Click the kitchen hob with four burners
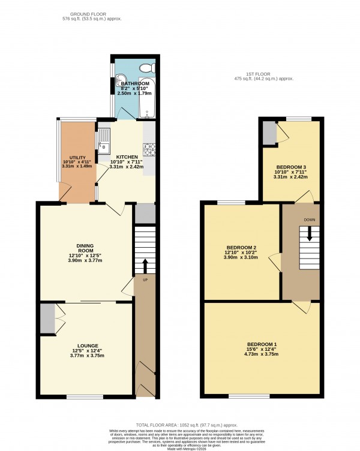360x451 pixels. pyautogui.click(x=148, y=148)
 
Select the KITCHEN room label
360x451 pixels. pyautogui.click(x=127, y=156)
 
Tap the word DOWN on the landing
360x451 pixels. pyautogui.click(x=310, y=219)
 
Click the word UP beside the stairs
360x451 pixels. pyautogui.click(x=145, y=279)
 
